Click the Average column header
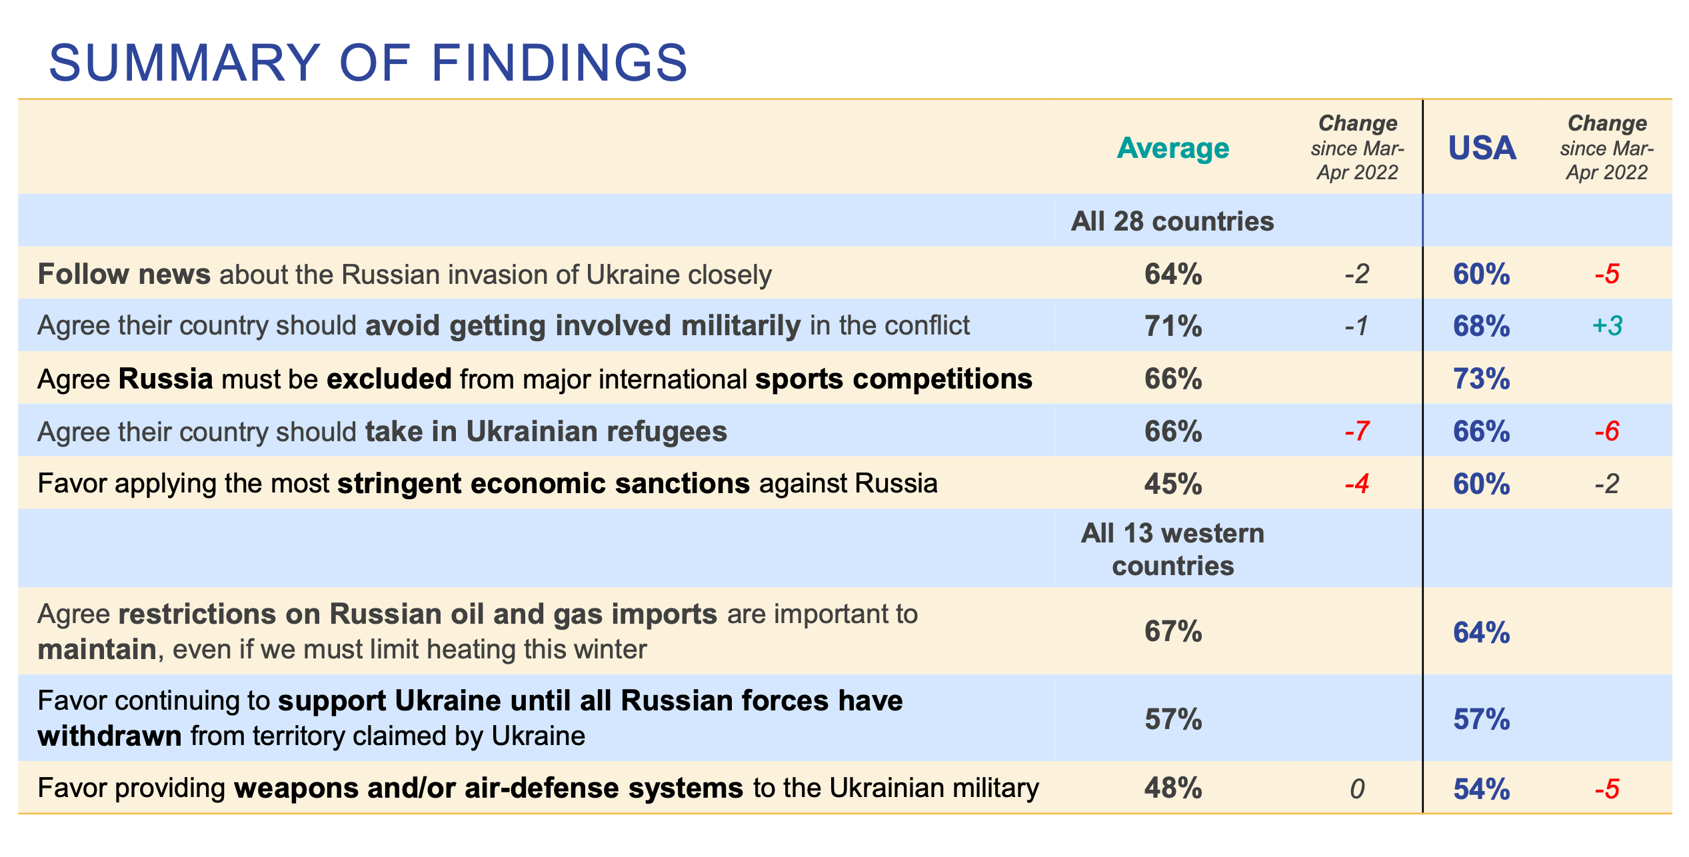1172,148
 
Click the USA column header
1482,148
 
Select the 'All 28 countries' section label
1172,221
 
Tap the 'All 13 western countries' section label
1172,550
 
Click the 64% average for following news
1173,274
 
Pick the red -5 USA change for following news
1606,274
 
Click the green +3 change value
1606,326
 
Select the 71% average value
1173,326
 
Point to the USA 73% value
1481,379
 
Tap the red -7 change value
1357,431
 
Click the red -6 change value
1606,431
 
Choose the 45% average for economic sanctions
1173,484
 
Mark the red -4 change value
1357,484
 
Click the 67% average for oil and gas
1173,631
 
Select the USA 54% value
1481,789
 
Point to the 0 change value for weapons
1357,790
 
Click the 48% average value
1173,788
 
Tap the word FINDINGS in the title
559,63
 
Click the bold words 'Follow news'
124,274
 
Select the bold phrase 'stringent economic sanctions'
543,484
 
